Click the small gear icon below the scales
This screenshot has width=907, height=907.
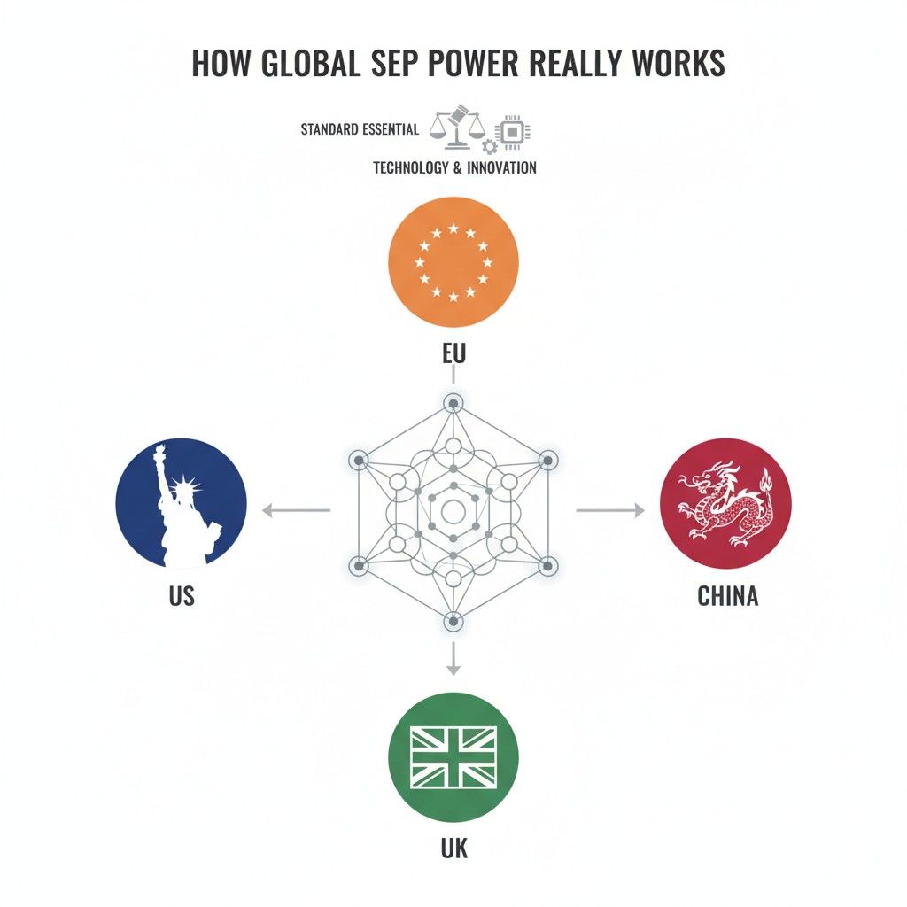point(489,147)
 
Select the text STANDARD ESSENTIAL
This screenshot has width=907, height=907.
point(360,129)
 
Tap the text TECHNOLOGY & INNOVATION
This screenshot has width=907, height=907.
point(454,167)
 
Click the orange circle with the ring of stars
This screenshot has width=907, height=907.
point(453,262)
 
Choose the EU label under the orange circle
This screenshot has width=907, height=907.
point(453,353)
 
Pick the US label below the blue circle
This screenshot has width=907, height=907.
point(182,596)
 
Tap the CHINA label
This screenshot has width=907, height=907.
point(728,596)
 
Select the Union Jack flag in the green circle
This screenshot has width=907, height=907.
point(453,757)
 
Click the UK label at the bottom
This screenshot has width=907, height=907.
point(454,849)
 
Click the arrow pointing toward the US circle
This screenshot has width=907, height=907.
point(296,510)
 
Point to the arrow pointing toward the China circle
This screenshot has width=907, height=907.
point(610,510)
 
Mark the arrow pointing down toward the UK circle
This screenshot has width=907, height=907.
point(453,658)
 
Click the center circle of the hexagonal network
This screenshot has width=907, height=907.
point(453,511)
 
